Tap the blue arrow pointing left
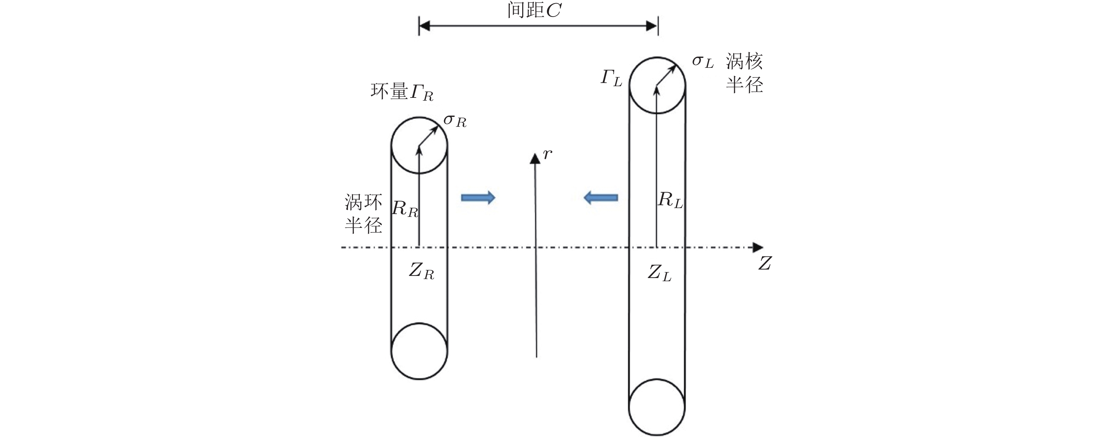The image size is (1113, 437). pos(601,198)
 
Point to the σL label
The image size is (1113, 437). pos(702,62)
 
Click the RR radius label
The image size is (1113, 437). pos(405,210)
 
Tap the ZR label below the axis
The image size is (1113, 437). pos(421,272)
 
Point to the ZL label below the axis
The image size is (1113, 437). pos(659,273)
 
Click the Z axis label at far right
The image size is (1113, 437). pos(765,264)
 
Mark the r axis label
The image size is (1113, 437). pos(547,154)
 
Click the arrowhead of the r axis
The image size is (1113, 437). pos(535,158)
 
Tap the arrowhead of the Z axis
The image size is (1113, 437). pos(758,247)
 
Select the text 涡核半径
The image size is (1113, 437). pos(744,73)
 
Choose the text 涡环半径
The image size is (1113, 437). pos(363,214)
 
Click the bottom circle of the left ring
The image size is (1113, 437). pos(419,351)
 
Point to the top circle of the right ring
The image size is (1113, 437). pos(657,85)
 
